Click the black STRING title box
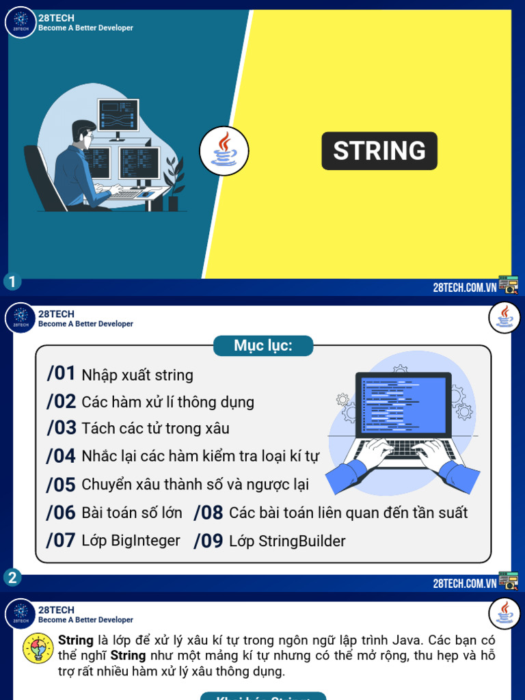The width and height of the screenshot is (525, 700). (x=379, y=150)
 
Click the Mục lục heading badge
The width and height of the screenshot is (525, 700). (x=263, y=345)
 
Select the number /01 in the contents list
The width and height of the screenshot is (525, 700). (x=61, y=374)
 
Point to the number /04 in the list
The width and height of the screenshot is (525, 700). (x=61, y=456)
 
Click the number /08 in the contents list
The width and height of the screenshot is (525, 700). (x=208, y=513)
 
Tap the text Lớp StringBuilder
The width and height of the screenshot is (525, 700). (x=287, y=541)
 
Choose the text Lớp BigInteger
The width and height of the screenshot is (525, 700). (x=131, y=541)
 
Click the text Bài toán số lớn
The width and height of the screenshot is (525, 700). (x=132, y=513)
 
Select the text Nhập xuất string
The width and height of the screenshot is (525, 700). (x=137, y=375)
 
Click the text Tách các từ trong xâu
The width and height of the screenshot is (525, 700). (x=155, y=429)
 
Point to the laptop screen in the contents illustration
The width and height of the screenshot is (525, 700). (x=403, y=405)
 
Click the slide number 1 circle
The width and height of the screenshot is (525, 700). (x=11, y=282)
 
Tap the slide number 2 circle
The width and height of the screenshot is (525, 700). (x=12, y=578)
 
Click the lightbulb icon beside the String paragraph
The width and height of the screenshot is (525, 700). (x=38, y=648)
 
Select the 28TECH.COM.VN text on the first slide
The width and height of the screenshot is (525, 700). (x=464, y=287)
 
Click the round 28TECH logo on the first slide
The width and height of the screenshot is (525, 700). (x=21, y=23)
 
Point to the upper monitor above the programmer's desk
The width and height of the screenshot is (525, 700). (x=118, y=114)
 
